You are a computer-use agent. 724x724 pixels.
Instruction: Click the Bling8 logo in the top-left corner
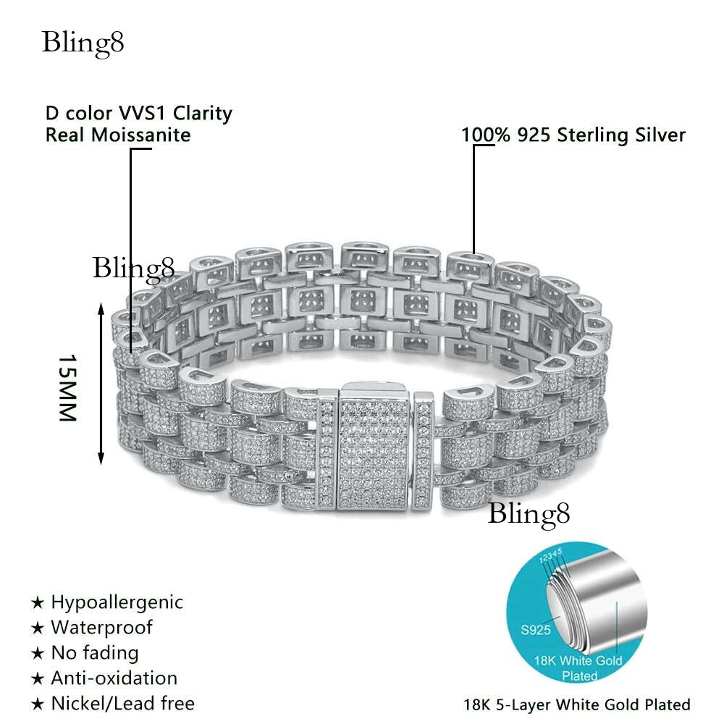tap(83, 43)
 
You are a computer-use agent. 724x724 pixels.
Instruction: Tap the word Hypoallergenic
tap(117, 602)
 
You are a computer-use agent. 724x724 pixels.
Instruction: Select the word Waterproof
tap(101, 627)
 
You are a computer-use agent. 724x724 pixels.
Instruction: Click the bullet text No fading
tap(94, 652)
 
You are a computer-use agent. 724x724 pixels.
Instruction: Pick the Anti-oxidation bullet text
tap(114, 678)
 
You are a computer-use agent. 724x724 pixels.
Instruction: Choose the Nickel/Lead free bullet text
tap(122, 702)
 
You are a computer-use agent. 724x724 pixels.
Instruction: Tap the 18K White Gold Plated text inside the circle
tap(580, 668)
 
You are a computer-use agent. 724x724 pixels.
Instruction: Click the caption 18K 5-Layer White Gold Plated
tap(576, 704)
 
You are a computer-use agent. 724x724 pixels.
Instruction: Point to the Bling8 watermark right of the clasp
tap(529, 514)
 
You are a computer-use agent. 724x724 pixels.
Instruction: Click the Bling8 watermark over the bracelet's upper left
tap(133, 268)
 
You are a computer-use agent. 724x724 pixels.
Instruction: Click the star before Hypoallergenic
tap(38, 603)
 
